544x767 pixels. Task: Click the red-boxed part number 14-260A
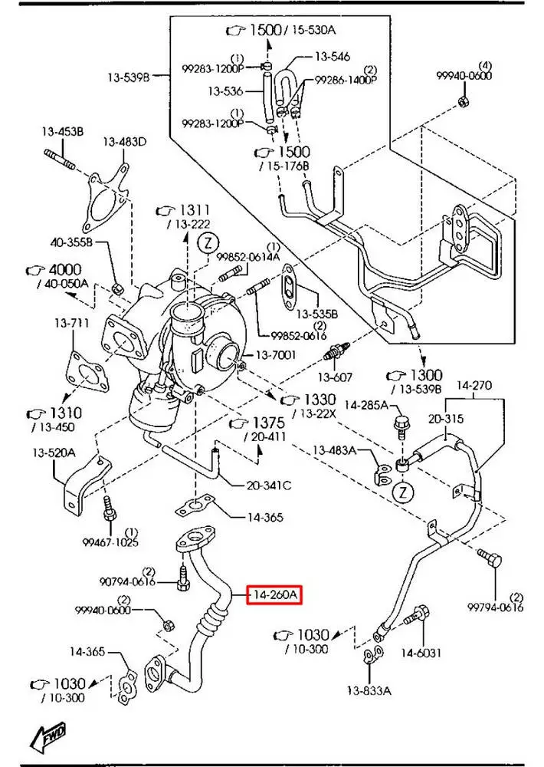pyautogui.click(x=274, y=594)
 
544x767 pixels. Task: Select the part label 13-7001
pyautogui.click(x=277, y=354)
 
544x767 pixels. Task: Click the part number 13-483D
pyautogui.click(x=125, y=142)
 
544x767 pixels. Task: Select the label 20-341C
pyautogui.click(x=269, y=485)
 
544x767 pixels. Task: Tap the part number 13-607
pyautogui.click(x=335, y=377)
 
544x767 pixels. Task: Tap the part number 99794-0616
pyautogui.click(x=495, y=607)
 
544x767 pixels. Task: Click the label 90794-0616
pyautogui.click(x=127, y=582)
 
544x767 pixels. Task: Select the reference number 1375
pyautogui.click(x=267, y=423)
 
